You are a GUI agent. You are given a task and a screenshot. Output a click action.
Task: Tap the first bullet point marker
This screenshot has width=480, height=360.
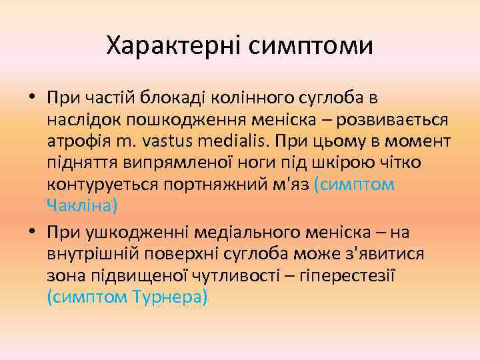pyautogui.click(x=33, y=99)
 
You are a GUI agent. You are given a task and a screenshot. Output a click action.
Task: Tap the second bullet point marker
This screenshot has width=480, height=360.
pyautogui.click(x=33, y=231)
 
